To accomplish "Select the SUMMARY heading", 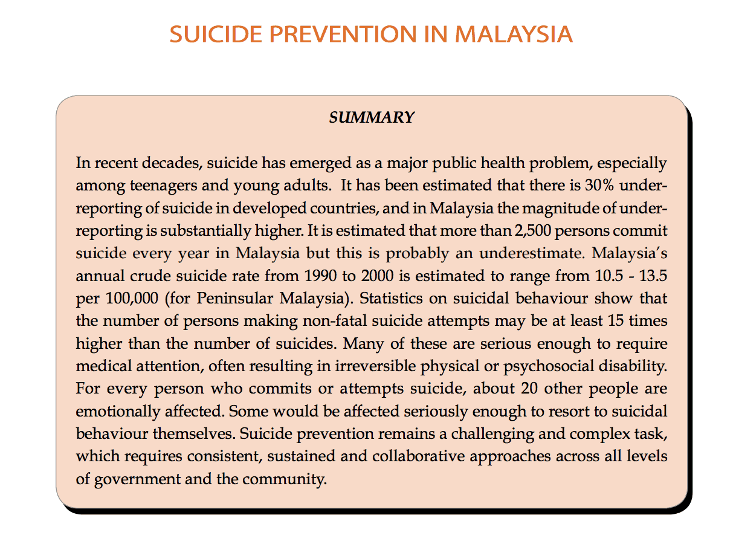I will (x=371, y=118).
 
